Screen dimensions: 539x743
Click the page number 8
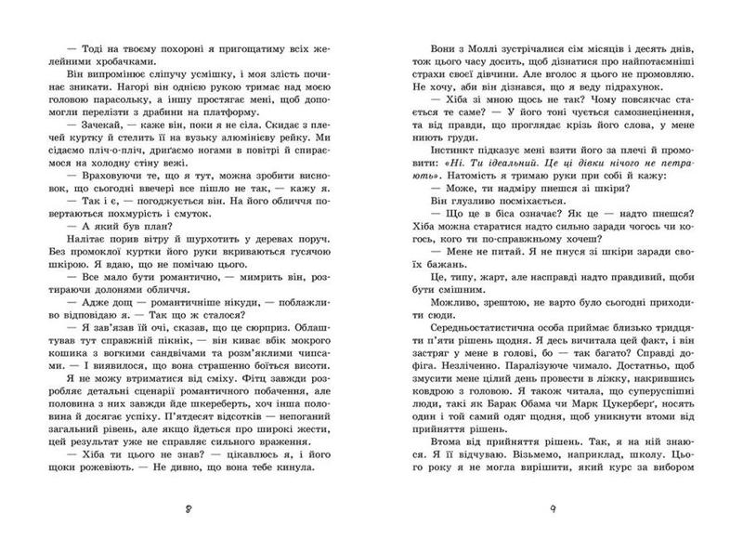click(187, 509)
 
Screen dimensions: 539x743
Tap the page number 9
click(552, 509)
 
